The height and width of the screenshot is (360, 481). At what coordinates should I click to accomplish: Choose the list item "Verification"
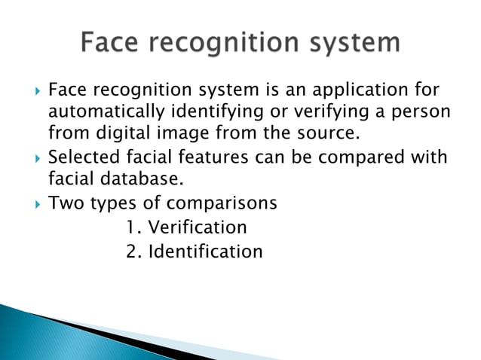click(198, 227)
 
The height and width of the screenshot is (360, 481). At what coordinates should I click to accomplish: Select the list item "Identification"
click(205, 250)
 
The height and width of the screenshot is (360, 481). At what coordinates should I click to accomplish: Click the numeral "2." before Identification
click(134, 250)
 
